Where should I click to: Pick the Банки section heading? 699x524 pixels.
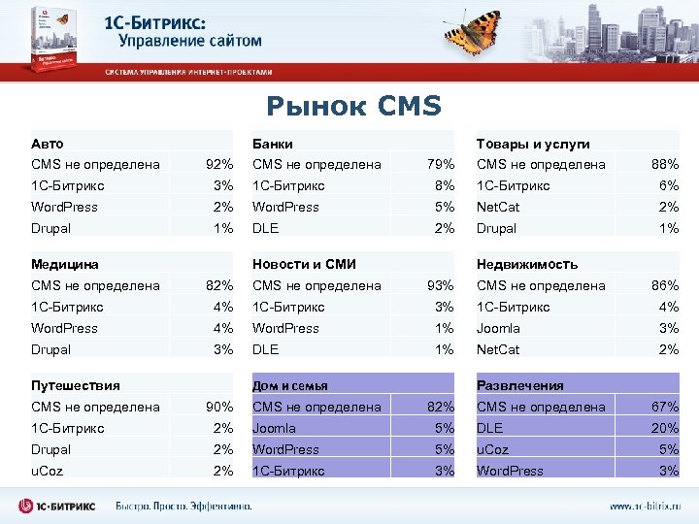[x=273, y=144]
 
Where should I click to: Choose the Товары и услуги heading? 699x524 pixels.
[x=532, y=144]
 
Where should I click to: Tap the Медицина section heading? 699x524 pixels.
[x=65, y=264]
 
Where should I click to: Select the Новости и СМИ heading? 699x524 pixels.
[x=304, y=264]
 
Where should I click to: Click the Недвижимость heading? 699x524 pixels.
[x=527, y=264]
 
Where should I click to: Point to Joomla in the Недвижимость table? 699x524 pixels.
[x=498, y=328]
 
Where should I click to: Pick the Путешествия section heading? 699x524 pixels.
[x=76, y=385]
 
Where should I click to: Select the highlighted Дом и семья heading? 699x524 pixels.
[x=290, y=385]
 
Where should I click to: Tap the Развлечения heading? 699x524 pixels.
[x=519, y=385]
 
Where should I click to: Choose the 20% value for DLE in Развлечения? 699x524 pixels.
[x=665, y=428]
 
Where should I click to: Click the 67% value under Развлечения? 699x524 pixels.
[x=665, y=407]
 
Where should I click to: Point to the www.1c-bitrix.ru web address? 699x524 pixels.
[x=645, y=506]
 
